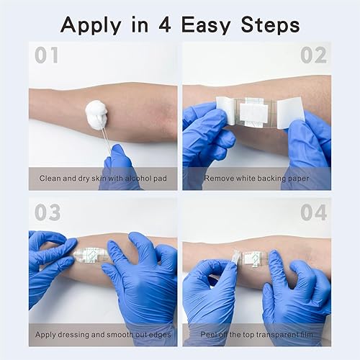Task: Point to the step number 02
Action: pyautogui.click(x=315, y=55)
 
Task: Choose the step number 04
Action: pyautogui.click(x=314, y=212)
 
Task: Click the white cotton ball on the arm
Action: pyautogui.click(x=96, y=114)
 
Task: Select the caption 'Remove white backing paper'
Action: pyautogui.click(x=256, y=178)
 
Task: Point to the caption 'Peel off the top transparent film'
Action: pyautogui.click(x=256, y=335)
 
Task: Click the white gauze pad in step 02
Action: pyautogui.click(x=255, y=112)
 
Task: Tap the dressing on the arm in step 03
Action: pyautogui.click(x=94, y=256)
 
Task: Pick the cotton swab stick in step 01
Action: pyautogui.click(x=104, y=140)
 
